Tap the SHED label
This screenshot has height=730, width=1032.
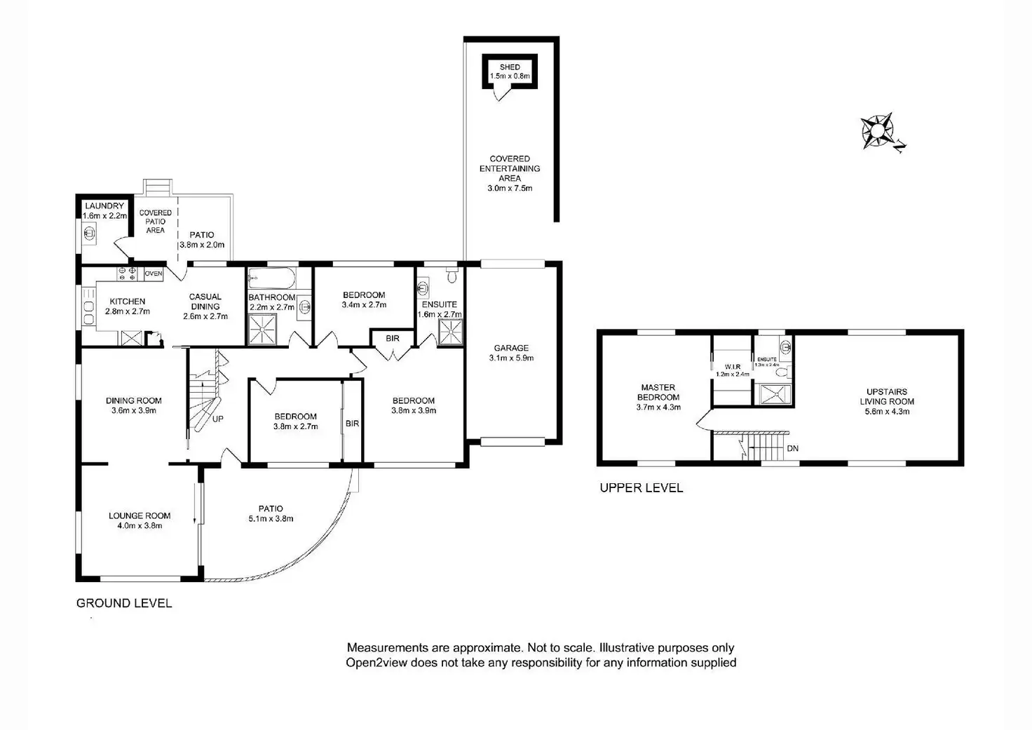(x=510, y=67)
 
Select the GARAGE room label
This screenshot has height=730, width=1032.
(x=511, y=348)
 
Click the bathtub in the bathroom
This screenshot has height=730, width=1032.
(x=271, y=278)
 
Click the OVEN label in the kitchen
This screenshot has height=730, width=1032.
(x=154, y=273)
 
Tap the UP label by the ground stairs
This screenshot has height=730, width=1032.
(x=218, y=419)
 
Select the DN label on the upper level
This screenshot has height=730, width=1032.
(x=792, y=448)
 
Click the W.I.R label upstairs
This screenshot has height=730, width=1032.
(x=733, y=366)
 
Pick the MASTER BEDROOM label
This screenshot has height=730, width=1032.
(x=658, y=392)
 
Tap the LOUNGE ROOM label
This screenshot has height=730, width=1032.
(x=140, y=515)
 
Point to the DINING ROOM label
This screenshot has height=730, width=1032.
(x=134, y=401)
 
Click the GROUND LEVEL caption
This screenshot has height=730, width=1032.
(x=124, y=603)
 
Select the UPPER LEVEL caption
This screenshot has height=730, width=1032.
(x=641, y=488)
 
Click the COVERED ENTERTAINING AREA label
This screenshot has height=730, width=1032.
(x=510, y=168)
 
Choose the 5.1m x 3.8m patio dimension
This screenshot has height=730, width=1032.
(x=271, y=519)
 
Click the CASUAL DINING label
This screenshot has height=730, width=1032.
(x=205, y=302)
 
